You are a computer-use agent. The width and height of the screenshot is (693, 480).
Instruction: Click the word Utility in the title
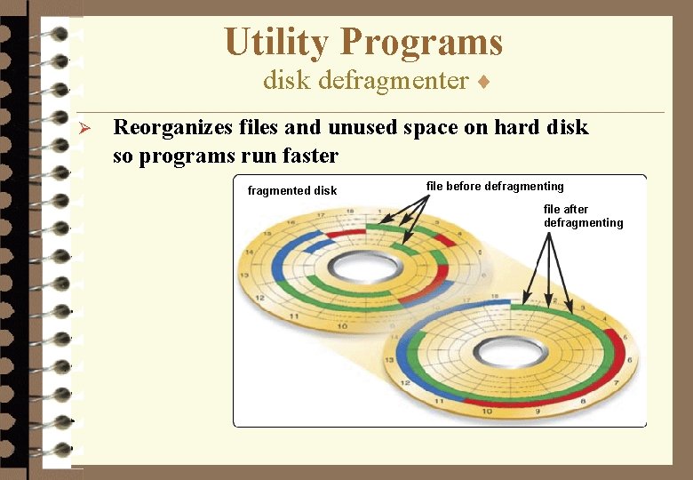(x=276, y=42)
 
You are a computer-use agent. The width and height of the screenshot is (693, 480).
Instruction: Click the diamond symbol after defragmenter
(x=482, y=82)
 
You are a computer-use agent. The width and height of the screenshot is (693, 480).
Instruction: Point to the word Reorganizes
(x=173, y=128)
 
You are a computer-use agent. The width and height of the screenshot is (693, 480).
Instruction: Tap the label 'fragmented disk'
(x=291, y=191)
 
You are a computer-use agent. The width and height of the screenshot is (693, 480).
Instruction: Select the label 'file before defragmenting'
(x=495, y=187)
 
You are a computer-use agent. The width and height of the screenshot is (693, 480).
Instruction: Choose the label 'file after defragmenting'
(x=583, y=216)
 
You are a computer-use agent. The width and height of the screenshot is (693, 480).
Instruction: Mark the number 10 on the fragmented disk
(x=342, y=326)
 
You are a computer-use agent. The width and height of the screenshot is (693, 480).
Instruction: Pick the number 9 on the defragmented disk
(x=538, y=412)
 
